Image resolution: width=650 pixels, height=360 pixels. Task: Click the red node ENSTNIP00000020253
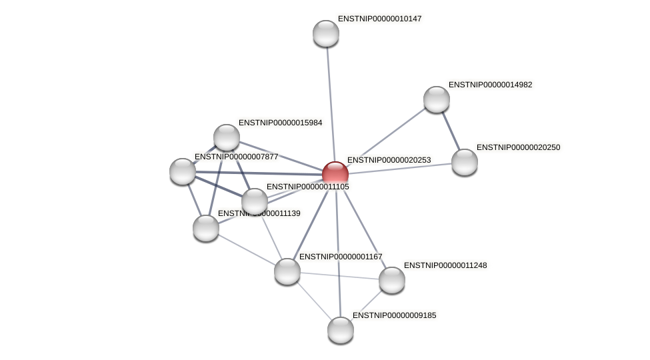point(335,174)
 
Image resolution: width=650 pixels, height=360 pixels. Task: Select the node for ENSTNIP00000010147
point(326,33)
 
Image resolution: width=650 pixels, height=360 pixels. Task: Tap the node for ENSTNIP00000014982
point(437,99)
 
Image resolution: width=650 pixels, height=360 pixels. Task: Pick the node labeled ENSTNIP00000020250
point(465,162)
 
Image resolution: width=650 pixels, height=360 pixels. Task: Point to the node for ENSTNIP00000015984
point(227,137)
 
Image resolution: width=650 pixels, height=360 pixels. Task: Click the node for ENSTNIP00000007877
point(183,171)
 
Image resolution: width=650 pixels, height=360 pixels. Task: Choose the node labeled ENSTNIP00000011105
point(255,201)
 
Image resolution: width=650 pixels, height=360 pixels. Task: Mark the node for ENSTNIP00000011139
point(206,228)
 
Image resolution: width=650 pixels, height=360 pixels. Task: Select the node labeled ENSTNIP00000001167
point(287,271)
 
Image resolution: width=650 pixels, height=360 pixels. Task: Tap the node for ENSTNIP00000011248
point(392,280)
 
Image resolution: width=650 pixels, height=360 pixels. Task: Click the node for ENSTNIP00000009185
point(341,330)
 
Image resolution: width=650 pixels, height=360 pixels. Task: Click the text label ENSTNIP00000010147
point(379,19)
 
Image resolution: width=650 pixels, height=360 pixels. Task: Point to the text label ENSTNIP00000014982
point(490,85)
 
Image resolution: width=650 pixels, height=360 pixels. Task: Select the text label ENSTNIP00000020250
point(518,147)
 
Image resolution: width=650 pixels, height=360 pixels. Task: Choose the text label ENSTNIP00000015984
point(280,123)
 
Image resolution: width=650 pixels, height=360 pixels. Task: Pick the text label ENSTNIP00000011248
point(445,265)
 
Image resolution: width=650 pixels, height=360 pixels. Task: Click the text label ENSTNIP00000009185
point(394,315)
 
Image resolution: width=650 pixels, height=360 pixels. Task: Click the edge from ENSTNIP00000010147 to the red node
point(330,100)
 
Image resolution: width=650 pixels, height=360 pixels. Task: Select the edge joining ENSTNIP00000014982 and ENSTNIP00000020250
point(451,131)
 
